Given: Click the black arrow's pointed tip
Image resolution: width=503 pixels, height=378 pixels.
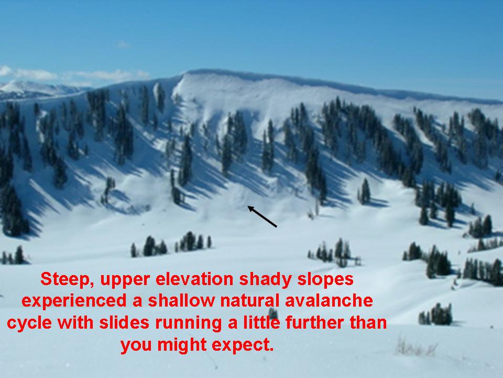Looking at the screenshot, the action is tap(248, 207).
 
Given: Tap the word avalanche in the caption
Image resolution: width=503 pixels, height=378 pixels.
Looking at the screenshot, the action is tap(329, 301).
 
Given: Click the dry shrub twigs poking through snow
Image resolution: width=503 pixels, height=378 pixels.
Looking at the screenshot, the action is tap(416, 348).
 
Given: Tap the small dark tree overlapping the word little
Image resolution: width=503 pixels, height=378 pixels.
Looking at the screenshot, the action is tap(273, 313).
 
